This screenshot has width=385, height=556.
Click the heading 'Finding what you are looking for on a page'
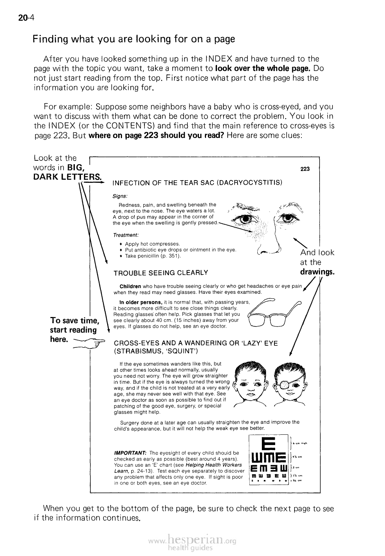(x=134, y=39)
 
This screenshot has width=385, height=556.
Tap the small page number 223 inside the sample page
(x=305, y=169)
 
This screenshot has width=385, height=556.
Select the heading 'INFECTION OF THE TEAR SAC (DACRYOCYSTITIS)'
(x=197, y=183)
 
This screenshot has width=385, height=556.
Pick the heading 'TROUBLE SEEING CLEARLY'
(x=161, y=272)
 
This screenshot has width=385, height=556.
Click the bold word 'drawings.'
(x=317, y=272)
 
